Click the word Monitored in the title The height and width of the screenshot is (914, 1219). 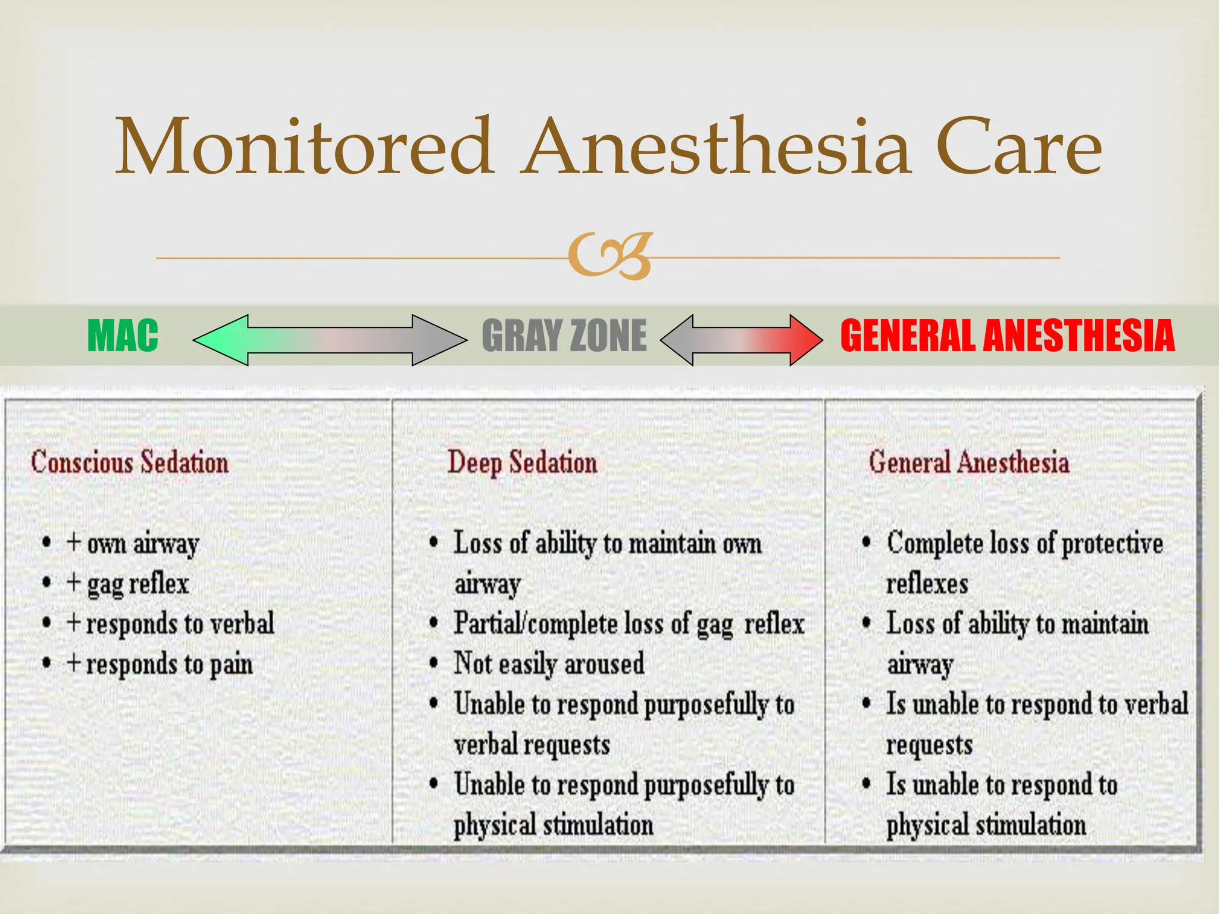(x=304, y=147)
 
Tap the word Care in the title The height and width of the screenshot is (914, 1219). (x=1018, y=147)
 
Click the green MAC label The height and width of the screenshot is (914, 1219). (x=123, y=336)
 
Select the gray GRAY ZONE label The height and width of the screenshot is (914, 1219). (x=564, y=336)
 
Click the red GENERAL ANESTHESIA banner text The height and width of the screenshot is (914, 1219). (x=1007, y=336)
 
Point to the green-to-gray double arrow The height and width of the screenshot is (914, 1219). (x=330, y=340)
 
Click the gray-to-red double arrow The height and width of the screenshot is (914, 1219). (x=741, y=340)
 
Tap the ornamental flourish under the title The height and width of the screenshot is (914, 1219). (x=609, y=256)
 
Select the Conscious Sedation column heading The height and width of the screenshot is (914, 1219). (x=130, y=462)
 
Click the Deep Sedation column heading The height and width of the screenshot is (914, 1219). (x=522, y=462)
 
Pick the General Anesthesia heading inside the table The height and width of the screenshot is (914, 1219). (x=968, y=462)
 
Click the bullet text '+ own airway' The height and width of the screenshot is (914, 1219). (x=133, y=543)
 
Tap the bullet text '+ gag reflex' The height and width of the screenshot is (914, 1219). (x=127, y=584)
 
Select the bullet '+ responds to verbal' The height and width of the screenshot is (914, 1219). (x=170, y=624)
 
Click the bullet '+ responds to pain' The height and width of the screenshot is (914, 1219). (x=160, y=664)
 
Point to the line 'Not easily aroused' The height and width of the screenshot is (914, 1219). (x=549, y=664)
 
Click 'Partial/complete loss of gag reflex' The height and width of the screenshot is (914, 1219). (x=629, y=624)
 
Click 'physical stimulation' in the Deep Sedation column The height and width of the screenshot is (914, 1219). (x=553, y=825)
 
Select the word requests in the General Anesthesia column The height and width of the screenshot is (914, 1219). (x=929, y=745)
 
